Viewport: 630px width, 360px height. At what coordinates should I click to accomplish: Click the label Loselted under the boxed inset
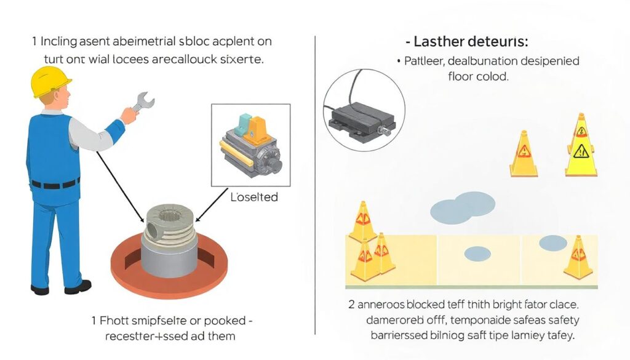point(254,197)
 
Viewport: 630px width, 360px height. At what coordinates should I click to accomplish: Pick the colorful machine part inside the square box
point(249,145)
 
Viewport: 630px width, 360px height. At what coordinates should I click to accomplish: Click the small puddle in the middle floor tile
point(477,253)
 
